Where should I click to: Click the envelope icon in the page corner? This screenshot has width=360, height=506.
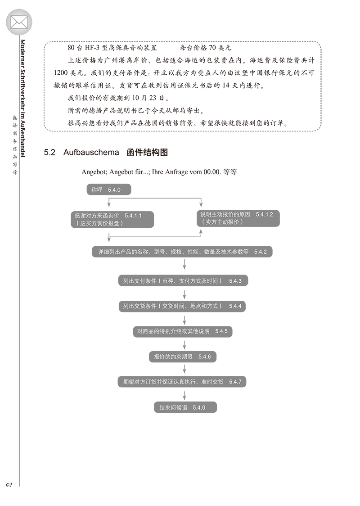(x=19, y=22)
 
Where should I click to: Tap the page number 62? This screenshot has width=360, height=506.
(x=9, y=484)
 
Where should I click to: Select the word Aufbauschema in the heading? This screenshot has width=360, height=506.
(x=91, y=152)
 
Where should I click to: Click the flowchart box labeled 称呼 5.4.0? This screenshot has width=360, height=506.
(x=108, y=190)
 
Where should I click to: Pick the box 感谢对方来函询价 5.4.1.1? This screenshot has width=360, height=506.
(x=112, y=219)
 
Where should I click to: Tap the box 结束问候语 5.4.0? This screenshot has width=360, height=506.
(x=184, y=407)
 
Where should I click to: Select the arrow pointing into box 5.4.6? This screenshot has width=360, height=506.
(x=184, y=344)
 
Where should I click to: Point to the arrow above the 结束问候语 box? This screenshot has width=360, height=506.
(x=184, y=394)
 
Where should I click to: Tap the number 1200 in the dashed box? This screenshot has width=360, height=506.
(x=61, y=72)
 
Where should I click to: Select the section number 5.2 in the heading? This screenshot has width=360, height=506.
(x=49, y=152)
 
